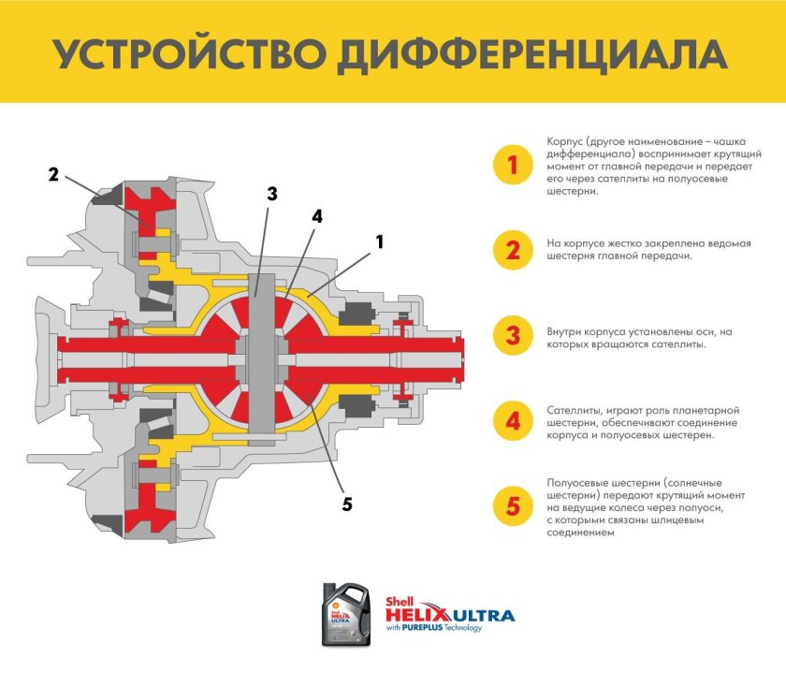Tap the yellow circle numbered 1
(512, 166)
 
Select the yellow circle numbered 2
(512, 250)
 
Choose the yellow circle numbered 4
(512, 421)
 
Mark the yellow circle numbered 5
(512, 506)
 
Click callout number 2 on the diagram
(53, 174)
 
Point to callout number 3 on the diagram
(272, 194)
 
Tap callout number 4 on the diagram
(317, 215)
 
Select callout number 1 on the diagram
(380, 241)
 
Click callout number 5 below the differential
(346, 504)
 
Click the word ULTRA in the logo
(483, 615)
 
